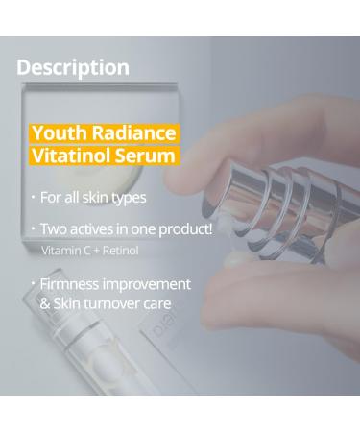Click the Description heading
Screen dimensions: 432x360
click(73, 67)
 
